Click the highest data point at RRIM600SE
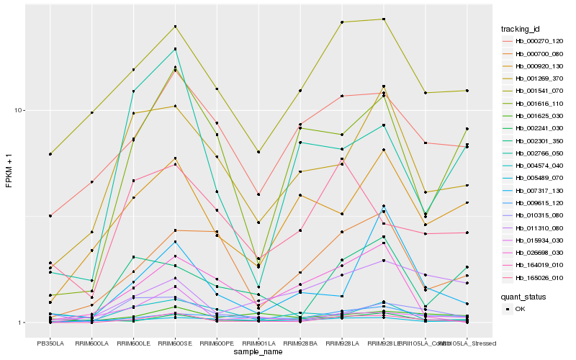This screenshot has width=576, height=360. click(175, 27)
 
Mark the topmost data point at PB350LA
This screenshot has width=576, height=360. click(50, 154)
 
